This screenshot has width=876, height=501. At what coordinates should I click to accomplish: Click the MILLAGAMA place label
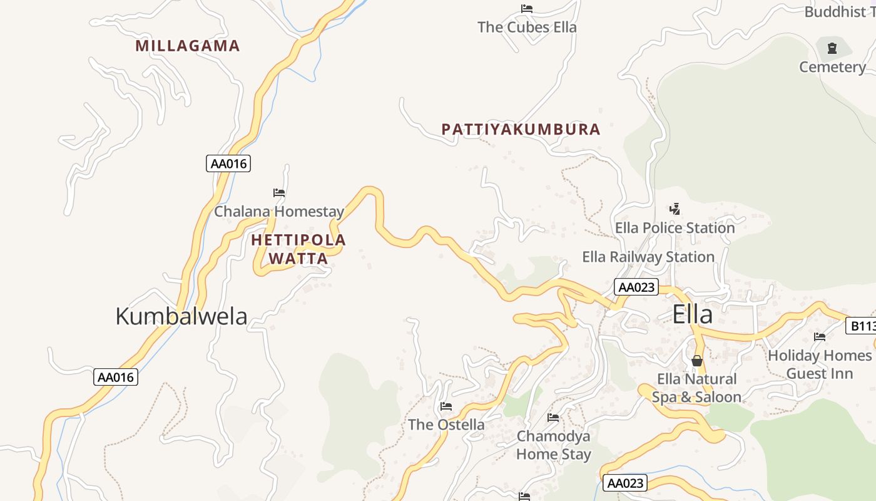click(x=188, y=46)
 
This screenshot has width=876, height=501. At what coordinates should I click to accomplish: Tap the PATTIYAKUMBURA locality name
click(x=521, y=130)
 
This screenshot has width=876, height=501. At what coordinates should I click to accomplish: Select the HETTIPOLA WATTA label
click(x=298, y=249)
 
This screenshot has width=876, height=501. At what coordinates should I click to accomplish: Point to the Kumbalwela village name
click(x=181, y=316)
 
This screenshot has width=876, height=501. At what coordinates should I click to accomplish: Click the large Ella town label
click(x=692, y=314)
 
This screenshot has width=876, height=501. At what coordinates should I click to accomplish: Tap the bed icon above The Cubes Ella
click(x=527, y=9)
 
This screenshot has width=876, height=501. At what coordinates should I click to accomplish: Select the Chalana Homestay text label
click(x=279, y=212)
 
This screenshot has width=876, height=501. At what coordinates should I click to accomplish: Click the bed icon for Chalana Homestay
click(x=279, y=193)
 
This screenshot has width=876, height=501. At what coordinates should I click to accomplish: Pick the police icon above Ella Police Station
click(x=675, y=209)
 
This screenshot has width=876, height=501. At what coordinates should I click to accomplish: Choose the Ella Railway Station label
click(x=648, y=257)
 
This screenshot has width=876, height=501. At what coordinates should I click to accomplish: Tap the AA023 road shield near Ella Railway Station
click(x=636, y=287)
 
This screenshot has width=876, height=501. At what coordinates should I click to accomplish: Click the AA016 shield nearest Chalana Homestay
click(x=228, y=164)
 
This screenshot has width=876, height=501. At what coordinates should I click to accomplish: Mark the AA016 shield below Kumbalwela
click(x=116, y=377)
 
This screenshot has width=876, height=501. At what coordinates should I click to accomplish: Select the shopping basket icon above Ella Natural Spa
click(x=696, y=361)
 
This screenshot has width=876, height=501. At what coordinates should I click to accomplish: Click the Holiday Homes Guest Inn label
click(x=819, y=364)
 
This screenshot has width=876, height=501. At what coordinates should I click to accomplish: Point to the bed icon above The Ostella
click(x=446, y=406)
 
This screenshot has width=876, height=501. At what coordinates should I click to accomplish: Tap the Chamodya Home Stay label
click(x=554, y=445)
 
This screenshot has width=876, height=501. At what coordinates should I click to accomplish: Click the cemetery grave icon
click(x=832, y=48)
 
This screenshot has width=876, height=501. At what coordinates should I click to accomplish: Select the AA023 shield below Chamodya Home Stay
click(x=625, y=483)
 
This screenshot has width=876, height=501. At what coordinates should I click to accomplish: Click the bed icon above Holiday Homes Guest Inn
click(x=819, y=337)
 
